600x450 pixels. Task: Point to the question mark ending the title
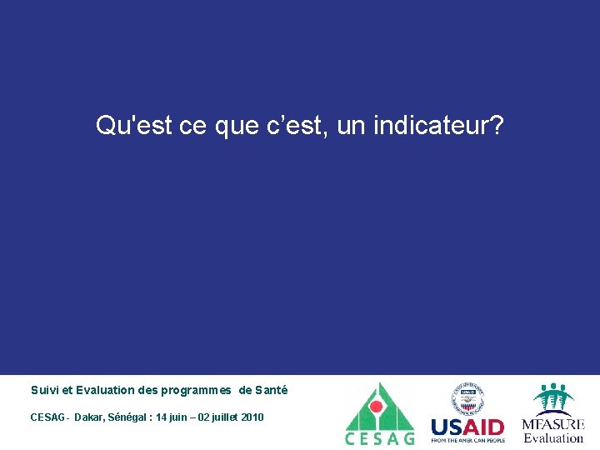497,126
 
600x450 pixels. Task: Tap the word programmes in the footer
196,391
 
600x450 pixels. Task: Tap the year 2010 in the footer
253,417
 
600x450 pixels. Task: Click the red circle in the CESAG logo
377,407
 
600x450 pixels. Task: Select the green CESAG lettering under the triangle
379,439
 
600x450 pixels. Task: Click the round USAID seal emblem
467,398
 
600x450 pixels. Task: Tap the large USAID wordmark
467,427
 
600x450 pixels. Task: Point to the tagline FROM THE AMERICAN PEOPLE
467,441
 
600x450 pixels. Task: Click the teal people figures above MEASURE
552,398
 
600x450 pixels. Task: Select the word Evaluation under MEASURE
553,437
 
